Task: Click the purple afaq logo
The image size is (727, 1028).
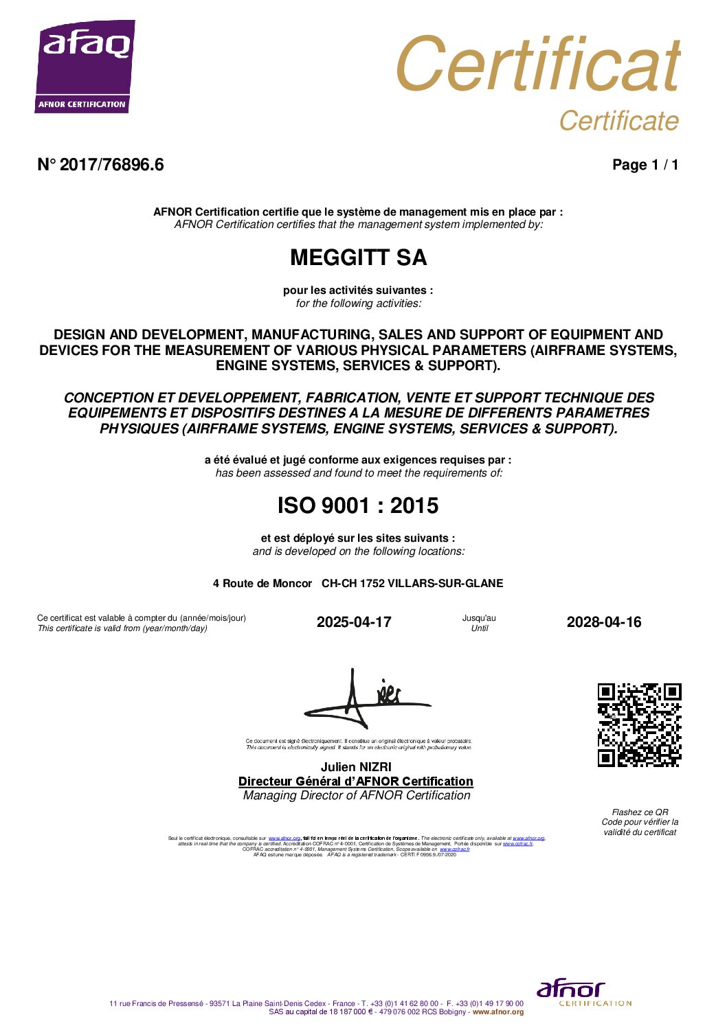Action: tap(85, 66)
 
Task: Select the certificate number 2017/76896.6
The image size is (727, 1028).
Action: tap(111, 165)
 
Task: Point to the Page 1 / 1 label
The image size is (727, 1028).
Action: tap(645, 165)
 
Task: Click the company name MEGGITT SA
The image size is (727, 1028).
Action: tap(358, 258)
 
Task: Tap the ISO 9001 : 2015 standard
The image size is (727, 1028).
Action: tap(357, 506)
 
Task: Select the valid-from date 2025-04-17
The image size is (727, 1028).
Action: tap(354, 622)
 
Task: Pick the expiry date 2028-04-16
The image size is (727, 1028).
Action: tap(603, 622)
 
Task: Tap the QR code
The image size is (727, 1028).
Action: tap(639, 724)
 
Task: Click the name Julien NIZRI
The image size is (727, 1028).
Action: tap(356, 767)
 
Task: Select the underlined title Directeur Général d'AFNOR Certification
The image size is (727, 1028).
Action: tap(356, 781)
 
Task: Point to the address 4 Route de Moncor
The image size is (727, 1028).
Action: tap(262, 584)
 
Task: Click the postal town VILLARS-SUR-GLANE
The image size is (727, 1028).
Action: tap(445, 584)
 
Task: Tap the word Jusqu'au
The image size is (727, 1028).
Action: tap(479, 618)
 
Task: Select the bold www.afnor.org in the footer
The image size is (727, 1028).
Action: tap(498, 1012)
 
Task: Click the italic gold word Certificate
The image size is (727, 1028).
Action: tap(618, 121)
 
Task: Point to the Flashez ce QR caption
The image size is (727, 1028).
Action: tap(640, 812)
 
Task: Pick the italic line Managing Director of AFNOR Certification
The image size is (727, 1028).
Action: tap(357, 796)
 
